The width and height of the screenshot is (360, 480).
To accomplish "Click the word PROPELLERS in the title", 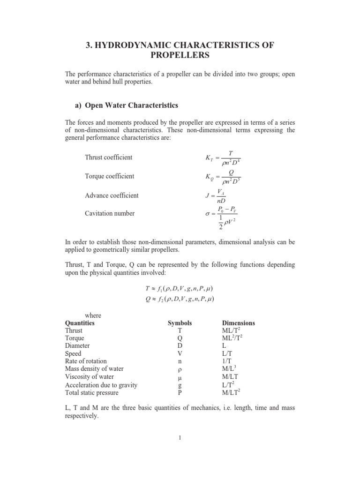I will click(180, 55).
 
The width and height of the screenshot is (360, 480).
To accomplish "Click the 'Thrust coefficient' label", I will click(109, 157).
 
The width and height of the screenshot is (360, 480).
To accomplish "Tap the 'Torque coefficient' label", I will click(109, 176).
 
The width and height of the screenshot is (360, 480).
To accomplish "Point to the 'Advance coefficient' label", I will click(112, 195).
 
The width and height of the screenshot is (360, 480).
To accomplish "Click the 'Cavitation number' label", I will click(110, 213).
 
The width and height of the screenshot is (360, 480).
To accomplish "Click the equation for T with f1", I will click(180, 288).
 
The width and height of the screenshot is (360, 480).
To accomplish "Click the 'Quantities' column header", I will click(79, 323).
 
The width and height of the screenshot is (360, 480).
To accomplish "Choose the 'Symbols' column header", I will click(180, 323).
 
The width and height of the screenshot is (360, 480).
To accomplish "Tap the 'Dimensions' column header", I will click(238, 323).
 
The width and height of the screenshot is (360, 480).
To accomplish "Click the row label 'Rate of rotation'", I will click(86, 361).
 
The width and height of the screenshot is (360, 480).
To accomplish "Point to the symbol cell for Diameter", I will click(180, 346).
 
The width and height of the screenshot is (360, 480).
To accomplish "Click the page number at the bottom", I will click(180, 438).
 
